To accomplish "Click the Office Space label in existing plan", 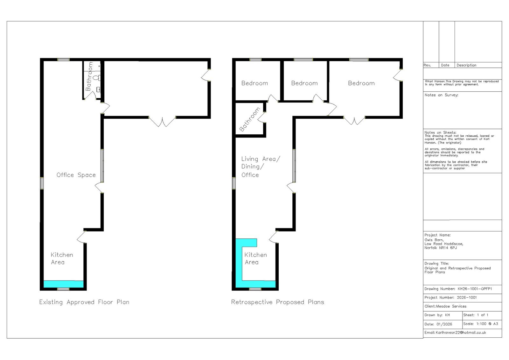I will click(x=76, y=175).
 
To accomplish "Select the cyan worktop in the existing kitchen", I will click(x=63, y=284).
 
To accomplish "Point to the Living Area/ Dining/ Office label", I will click(x=260, y=166).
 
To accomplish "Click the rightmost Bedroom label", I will click(x=361, y=83).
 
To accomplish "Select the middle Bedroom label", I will click(x=304, y=83).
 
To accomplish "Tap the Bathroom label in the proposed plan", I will click(x=250, y=120).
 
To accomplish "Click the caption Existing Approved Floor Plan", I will click(x=84, y=302).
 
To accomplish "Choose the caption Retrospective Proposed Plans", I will click(x=277, y=302).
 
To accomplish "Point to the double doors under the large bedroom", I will click(x=354, y=121).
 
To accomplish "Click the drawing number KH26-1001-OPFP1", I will click(x=475, y=289).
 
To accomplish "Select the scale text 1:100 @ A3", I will click(x=487, y=324).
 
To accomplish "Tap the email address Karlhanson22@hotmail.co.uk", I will click(x=461, y=332).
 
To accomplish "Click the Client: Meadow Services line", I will click(x=445, y=306).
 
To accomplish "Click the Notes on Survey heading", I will click(x=441, y=95).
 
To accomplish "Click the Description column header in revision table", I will click(x=466, y=65).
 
